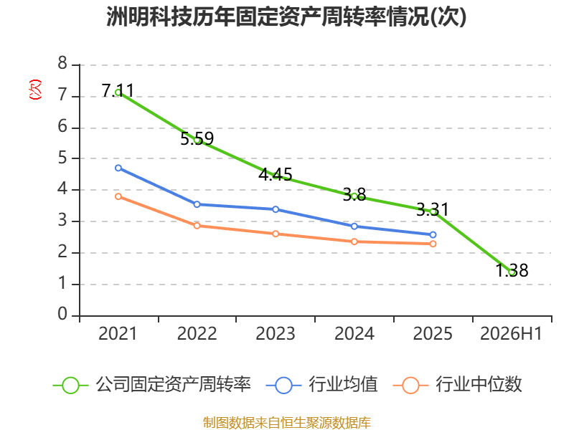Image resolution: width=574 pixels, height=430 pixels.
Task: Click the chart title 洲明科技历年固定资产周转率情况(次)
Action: pos(286,16)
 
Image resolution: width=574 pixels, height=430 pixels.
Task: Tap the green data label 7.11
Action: pos(118,91)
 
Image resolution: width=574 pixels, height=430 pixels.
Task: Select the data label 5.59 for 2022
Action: pos(197,138)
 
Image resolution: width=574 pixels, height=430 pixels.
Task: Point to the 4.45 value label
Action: pos(276,174)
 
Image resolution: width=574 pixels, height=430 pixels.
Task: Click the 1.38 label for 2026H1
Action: pos(512,271)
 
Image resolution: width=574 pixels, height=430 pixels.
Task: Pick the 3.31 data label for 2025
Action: pos(433,209)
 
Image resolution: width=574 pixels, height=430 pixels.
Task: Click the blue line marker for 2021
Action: pos(118,168)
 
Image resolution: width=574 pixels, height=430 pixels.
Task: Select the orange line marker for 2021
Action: pos(118,196)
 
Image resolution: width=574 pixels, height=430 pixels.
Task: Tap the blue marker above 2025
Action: pos(433,235)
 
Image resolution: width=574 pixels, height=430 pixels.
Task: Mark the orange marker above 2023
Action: pos(276,234)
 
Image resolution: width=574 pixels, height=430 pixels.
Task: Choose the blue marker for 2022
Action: pos(197,204)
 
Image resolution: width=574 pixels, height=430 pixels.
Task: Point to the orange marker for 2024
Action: pos(354,242)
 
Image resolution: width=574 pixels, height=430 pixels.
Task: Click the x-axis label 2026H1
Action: pos(511,334)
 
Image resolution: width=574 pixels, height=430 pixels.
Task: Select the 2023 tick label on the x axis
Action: pos(276,334)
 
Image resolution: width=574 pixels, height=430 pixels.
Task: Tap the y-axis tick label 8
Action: pos(62,63)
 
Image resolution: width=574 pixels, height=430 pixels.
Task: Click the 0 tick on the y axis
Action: pos(62,314)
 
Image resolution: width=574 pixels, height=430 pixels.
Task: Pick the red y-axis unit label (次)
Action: pos(35,90)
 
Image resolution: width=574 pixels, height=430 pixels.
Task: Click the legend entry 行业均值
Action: pos(322,385)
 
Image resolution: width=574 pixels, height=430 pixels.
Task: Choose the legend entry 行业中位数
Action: pos(457,385)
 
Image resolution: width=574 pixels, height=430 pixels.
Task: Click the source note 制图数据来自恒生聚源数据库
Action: pos(287,423)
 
